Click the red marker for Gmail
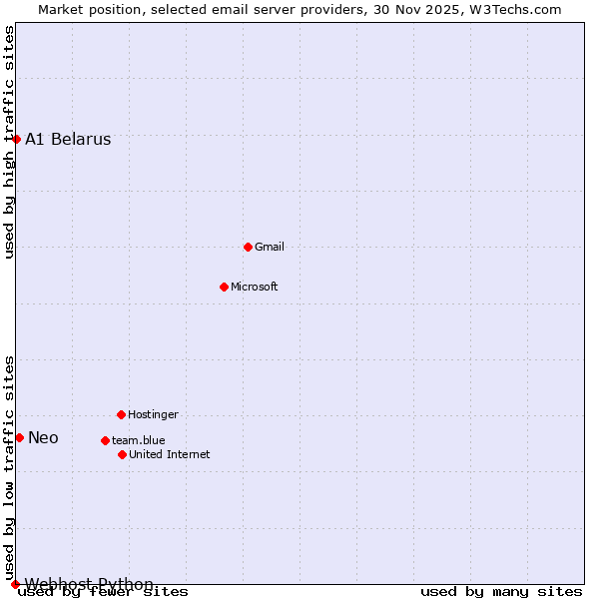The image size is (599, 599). [x=248, y=247]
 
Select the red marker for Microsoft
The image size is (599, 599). [x=224, y=287]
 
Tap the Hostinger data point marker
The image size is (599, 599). [x=121, y=414]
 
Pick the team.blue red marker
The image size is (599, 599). [x=105, y=440]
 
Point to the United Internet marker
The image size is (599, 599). [x=122, y=454]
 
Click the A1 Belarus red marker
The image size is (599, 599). [x=16, y=139]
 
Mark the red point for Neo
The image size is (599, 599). [x=19, y=437]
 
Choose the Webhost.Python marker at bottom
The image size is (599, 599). [x=15, y=584]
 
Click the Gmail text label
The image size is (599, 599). [x=270, y=247]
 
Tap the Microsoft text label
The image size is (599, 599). [x=255, y=287]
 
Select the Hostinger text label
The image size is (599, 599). [x=153, y=414]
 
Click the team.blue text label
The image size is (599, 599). [x=139, y=440]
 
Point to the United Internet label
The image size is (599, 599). [x=170, y=454]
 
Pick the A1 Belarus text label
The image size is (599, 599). [x=68, y=140]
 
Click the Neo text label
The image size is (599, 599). [x=43, y=437]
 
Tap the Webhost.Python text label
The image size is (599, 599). [x=89, y=584]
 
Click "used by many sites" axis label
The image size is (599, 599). [x=501, y=592]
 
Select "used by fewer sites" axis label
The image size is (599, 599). [x=104, y=592]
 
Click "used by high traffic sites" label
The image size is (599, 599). [x=10, y=142]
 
